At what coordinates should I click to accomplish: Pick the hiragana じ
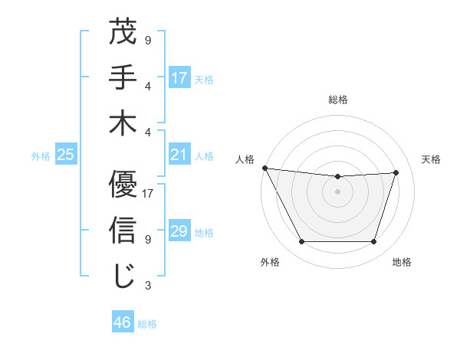pos(123,276)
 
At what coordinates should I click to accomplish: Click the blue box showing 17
pos(179,78)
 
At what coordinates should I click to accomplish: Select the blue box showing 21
pos(179,155)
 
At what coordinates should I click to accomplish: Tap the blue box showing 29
pos(179,231)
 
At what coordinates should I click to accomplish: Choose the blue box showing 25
pos(66,155)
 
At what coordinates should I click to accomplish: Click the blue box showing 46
pos(123,322)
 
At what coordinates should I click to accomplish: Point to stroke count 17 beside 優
pos(149,194)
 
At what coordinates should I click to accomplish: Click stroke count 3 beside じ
pos(148,286)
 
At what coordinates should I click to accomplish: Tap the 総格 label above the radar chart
pos(337,100)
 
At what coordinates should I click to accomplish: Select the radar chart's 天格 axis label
pos(432,159)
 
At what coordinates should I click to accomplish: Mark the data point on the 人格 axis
pos(264,168)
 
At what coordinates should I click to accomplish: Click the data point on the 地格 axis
pos(373,242)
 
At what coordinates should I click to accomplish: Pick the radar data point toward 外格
pos(301,242)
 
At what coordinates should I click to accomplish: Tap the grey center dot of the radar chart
pos(337,191)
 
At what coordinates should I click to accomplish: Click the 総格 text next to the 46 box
pos(147,324)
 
